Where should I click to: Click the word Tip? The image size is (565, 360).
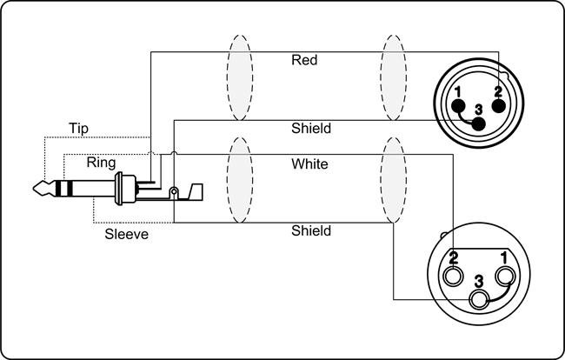pos(78,130)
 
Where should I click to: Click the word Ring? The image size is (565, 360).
pos(101,163)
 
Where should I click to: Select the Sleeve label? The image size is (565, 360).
pos(126,235)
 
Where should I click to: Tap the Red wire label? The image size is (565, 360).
pos(304,61)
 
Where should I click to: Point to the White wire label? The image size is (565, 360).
pos(309,163)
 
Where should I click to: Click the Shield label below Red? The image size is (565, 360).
pos(310,129)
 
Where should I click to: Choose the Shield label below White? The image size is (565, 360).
pos(310,231)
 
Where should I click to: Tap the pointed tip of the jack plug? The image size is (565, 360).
pos(36,188)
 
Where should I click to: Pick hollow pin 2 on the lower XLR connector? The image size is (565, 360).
pos(454,277)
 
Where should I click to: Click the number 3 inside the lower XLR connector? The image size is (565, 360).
pos(479,281)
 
